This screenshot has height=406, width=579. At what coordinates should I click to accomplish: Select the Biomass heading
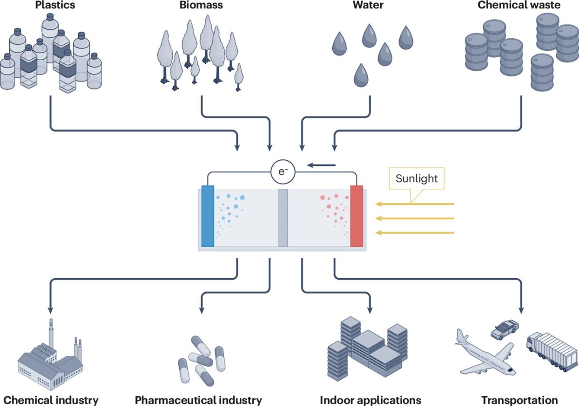201,6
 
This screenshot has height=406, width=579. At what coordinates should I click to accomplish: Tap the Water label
370,6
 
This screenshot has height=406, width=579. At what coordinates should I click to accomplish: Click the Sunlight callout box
417,179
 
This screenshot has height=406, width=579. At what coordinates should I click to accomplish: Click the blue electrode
208,216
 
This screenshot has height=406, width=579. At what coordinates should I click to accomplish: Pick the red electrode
357,216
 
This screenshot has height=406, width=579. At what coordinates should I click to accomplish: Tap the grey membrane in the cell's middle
283,218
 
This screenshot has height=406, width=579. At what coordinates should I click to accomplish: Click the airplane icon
484,353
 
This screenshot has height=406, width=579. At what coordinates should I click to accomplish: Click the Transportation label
519,400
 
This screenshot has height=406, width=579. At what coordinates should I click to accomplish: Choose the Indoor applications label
370,400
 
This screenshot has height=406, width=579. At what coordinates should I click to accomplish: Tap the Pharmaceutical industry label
198,400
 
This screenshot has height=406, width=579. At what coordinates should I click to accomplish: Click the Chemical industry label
50,400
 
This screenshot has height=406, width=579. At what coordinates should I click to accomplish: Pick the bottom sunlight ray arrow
414,233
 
